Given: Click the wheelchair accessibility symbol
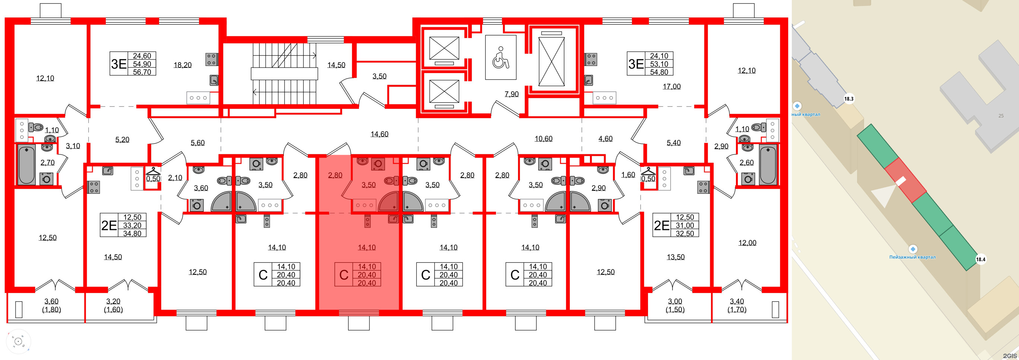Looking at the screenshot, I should coord(501,57).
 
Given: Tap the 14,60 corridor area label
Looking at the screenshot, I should coord(379,134).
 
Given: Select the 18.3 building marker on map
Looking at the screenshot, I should coord(848,99).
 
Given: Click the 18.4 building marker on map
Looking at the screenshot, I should coord(981,259).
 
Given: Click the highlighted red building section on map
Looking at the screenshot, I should coord(905,180).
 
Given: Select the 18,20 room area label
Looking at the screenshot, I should coord(182,65).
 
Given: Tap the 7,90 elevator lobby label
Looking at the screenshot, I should coord(511,94).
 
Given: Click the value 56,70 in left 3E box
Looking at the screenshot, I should coord(142,72).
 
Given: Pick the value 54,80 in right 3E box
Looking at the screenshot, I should coord(658,72).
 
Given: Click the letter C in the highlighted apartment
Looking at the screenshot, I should coord(344,275).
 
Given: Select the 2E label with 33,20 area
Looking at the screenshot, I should coord(109,225).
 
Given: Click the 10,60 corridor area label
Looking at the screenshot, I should coord(543,139).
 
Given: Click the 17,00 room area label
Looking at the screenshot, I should coord(671,86).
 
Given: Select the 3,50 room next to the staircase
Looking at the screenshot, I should coord(379,76).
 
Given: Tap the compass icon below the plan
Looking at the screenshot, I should coord(18,341).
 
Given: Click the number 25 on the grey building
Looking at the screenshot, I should coord(1001,116).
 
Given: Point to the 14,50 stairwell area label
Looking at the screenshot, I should coord(336,65).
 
